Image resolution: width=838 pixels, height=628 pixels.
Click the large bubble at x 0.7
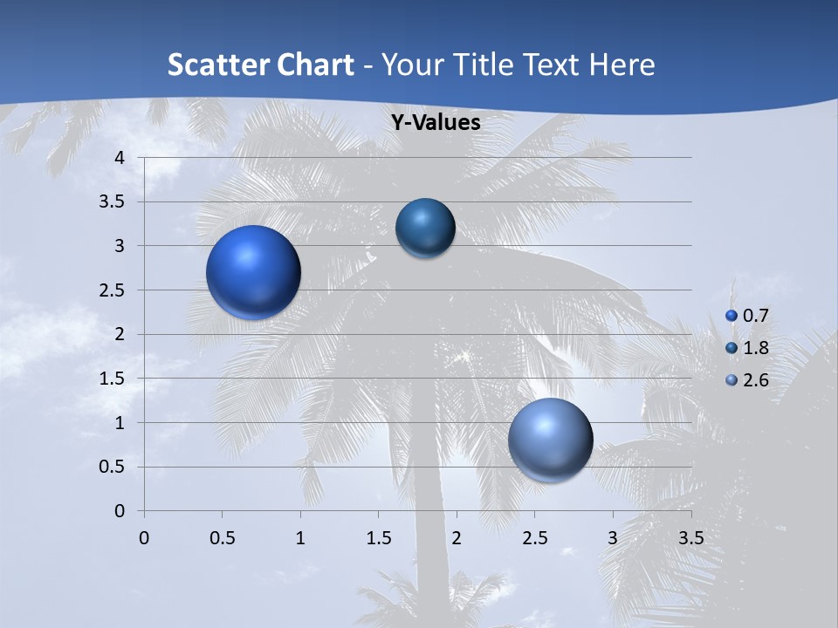(253, 272)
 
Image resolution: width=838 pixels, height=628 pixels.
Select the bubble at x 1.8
(425, 229)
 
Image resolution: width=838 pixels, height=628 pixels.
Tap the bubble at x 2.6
(550, 440)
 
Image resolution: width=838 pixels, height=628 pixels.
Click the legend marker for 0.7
(732, 316)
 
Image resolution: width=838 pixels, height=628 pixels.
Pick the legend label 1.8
(755, 348)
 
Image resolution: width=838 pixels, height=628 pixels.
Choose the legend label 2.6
(755, 380)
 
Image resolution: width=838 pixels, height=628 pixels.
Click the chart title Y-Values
(435, 123)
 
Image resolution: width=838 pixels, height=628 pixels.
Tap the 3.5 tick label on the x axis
(690, 537)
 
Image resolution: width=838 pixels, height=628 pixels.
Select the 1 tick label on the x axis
(300, 537)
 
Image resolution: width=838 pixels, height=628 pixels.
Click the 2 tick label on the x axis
(457, 537)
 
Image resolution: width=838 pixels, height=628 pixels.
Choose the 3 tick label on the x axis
(613, 537)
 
